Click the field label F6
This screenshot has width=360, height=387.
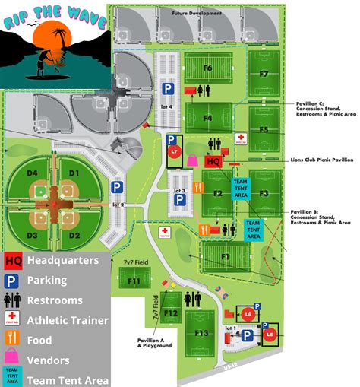(207, 68)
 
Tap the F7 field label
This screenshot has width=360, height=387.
(263, 74)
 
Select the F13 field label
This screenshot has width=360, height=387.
(201, 333)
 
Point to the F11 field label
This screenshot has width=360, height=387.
(134, 281)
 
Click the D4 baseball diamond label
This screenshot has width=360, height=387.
(33, 174)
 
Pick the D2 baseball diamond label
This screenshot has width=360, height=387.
(74, 235)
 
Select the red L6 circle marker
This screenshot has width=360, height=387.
(247, 313)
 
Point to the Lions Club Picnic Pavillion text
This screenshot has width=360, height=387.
(321, 160)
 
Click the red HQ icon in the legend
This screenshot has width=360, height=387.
(13, 260)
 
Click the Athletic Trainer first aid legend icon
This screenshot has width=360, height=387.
(13, 319)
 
